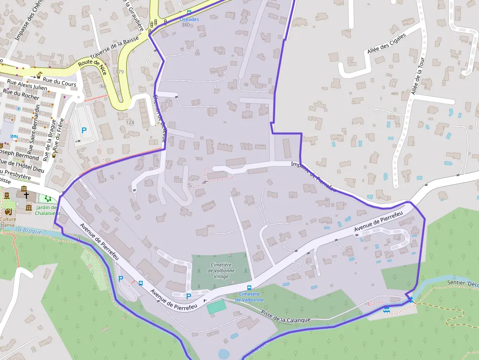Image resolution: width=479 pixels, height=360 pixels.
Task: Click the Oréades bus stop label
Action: pos(189,19)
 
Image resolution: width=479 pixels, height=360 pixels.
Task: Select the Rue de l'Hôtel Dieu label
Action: pos(22,167)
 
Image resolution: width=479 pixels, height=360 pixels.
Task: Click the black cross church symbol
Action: pos(26,195)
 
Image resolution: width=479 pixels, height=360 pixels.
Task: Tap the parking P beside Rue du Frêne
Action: pos(84,130)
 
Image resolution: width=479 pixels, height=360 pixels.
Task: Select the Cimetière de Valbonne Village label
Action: pos(221,270)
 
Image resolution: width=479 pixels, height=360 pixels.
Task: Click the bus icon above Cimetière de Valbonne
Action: pos(249,288)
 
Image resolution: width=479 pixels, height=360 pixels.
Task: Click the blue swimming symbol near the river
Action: pos(387,309)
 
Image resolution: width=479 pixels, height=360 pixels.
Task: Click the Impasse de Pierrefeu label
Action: pos(313,176)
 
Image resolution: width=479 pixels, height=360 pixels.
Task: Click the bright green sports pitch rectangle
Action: pos(216,307)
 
